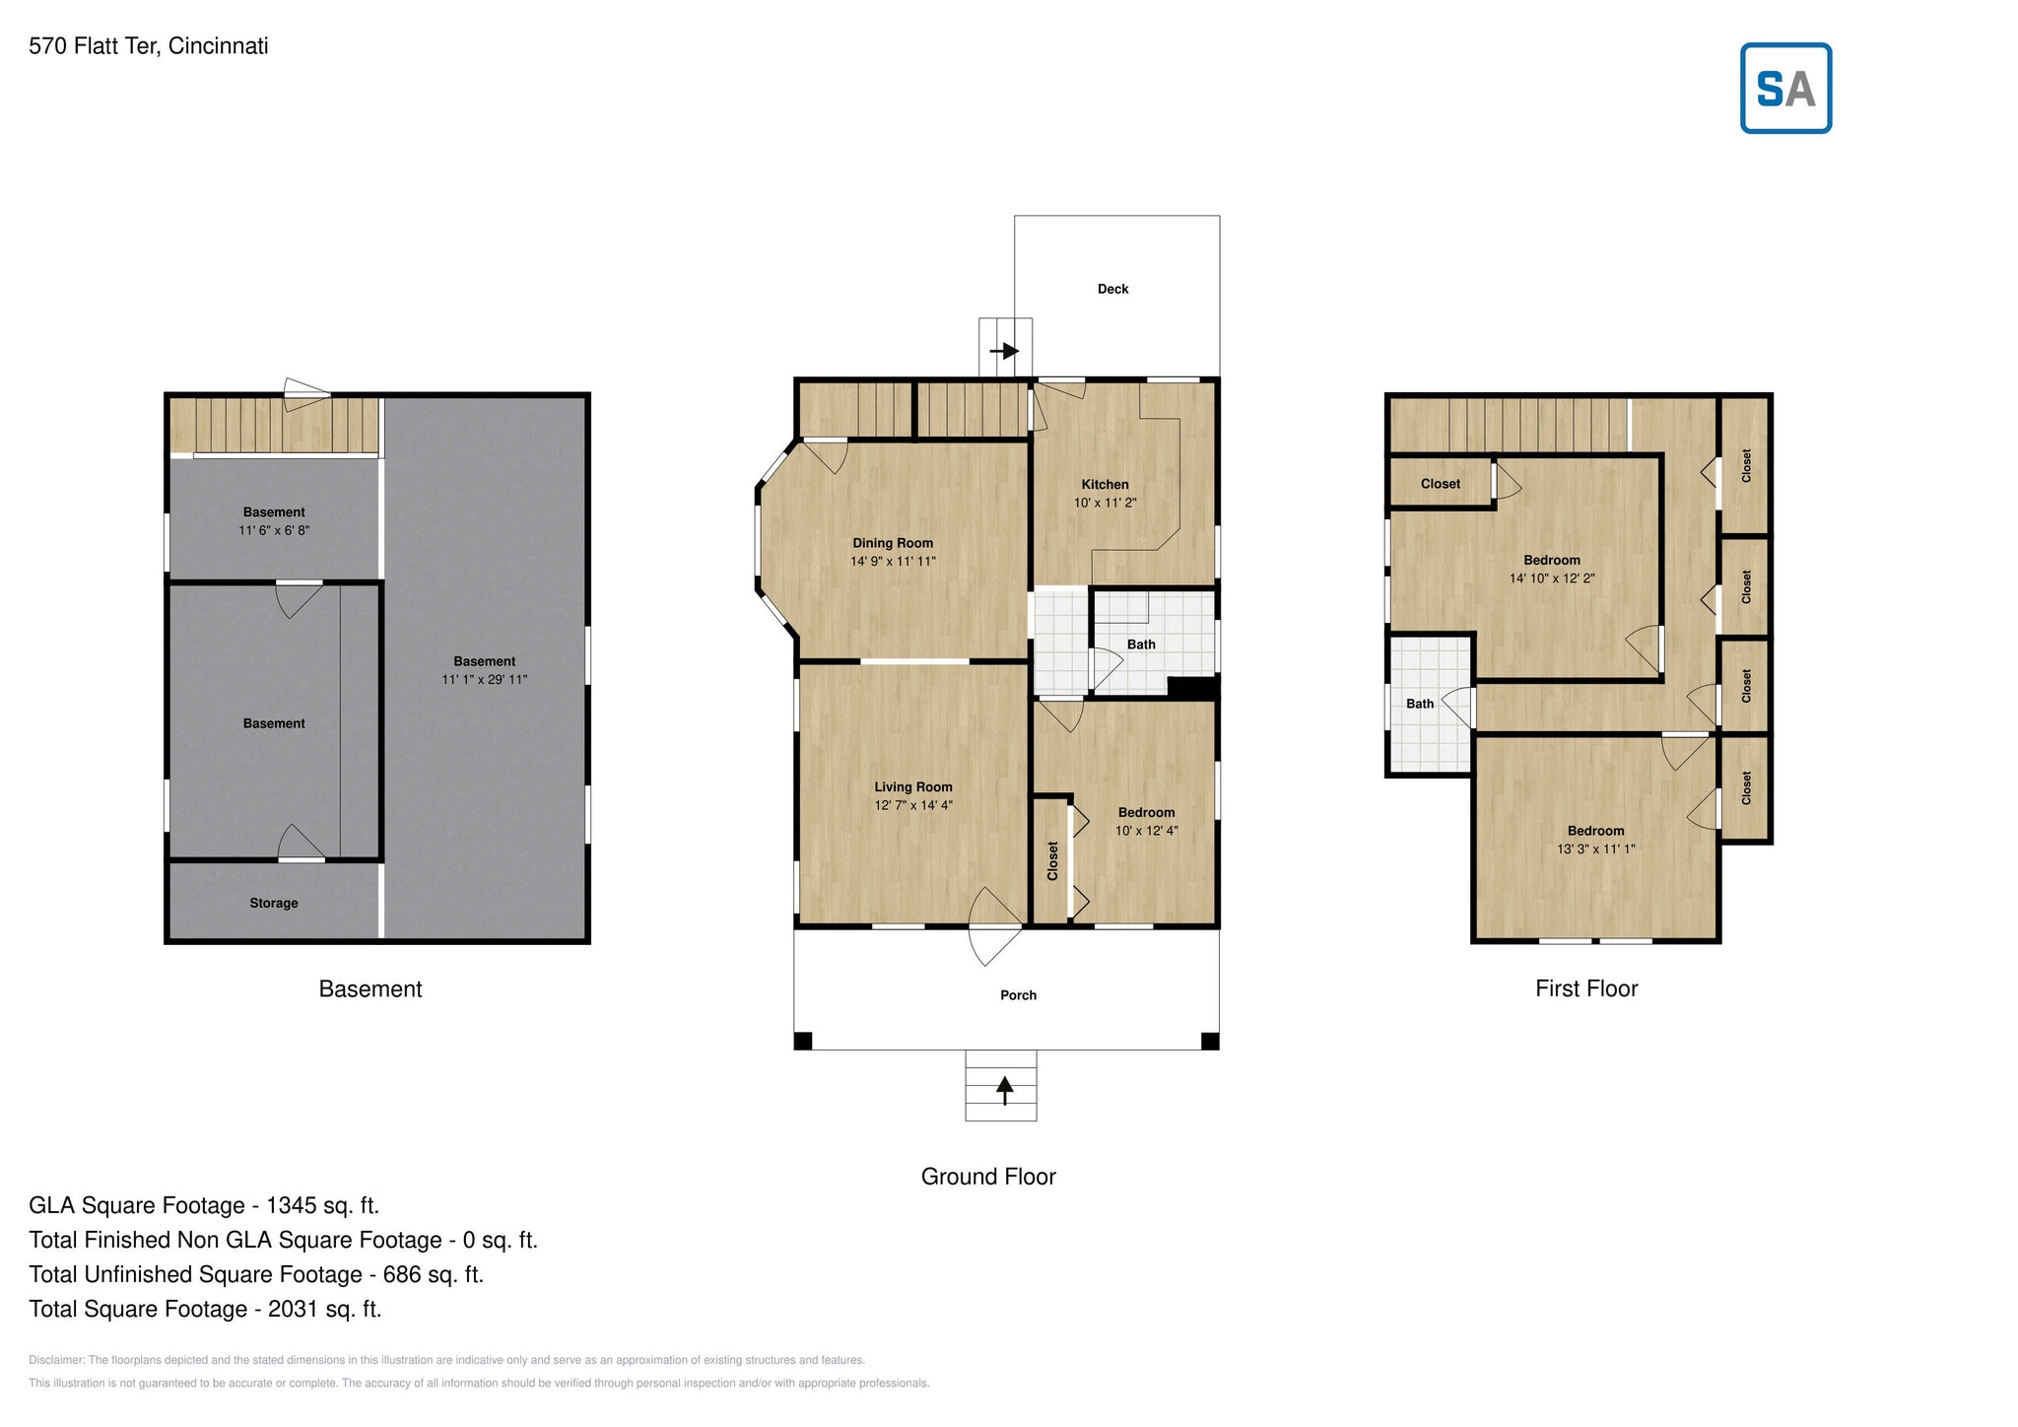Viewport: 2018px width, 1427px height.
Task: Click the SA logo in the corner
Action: click(x=1784, y=88)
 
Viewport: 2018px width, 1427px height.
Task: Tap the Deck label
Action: click(x=1112, y=289)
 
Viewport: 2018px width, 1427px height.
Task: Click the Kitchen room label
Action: click(x=1105, y=484)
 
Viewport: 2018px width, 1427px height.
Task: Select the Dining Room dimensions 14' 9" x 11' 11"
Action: click(x=893, y=562)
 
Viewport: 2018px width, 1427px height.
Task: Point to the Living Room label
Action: click(x=912, y=786)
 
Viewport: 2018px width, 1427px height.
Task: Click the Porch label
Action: click(x=1018, y=995)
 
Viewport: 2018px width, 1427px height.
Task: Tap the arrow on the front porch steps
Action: click(x=1004, y=1088)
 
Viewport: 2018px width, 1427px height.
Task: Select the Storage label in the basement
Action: click(x=273, y=903)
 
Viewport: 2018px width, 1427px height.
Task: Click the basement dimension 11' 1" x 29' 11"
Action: click(x=484, y=680)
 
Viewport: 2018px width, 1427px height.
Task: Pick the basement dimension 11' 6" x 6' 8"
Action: click(x=274, y=530)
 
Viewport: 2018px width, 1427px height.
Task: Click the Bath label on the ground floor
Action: click(x=1141, y=645)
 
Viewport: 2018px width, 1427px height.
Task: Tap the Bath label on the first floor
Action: click(x=1419, y=704)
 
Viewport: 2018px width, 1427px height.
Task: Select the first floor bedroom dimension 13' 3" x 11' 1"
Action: click(x=1595, y=849)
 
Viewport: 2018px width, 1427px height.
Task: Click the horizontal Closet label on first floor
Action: click(x=1440, y=484)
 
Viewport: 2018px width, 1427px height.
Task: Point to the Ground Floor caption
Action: click(x=987, y=1177)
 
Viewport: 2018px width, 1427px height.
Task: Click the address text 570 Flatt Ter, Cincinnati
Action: click(x=149, y=46)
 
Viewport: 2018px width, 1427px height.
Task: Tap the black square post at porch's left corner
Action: click(x=803, y=1041)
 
